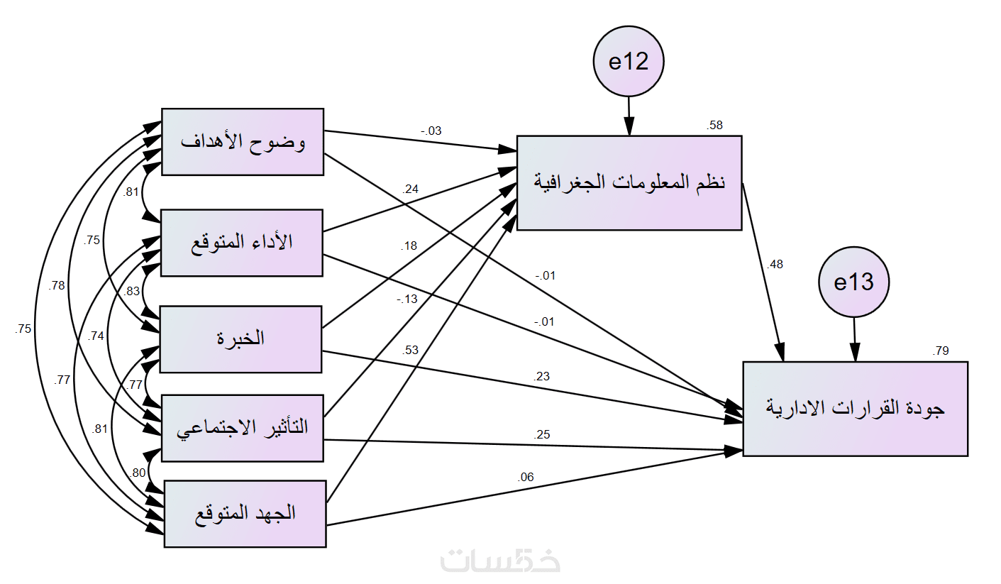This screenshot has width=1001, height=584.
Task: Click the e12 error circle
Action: coord(629,62)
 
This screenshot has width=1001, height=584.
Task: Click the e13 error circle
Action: coord(853,282)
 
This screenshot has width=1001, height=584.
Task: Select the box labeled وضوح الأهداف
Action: coord(243,141)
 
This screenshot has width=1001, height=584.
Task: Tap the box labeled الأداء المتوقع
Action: coord(243,243)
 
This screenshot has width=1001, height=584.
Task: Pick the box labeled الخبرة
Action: coord(240,338)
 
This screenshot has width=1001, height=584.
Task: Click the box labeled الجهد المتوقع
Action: coord(245,513)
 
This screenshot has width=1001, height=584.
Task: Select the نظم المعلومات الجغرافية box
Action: coord(629,182)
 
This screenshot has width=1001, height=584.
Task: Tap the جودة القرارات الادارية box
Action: coord(855,408)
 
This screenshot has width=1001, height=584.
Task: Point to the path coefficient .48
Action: coord(775,265)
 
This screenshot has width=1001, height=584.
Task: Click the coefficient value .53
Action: coord(411,349)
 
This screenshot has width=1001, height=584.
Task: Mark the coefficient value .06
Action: coord(526,478)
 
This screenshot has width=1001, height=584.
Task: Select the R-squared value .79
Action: coord(941,351)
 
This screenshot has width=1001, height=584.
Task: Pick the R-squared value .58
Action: coord(715,126)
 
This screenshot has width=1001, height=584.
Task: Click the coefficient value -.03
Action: coord(431,131)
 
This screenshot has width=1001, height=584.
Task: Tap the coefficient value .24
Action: coord(411,189)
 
